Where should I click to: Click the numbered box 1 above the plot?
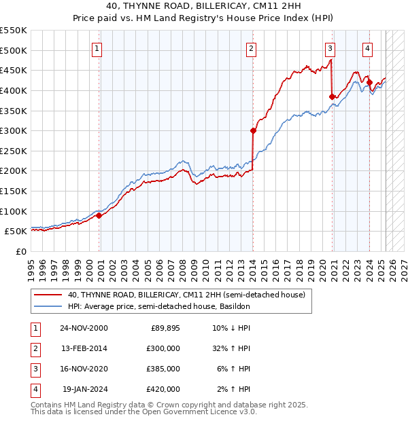[x=98, y=48]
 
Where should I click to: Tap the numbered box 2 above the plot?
[x=251, y=48]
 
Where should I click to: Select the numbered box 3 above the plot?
[x=330, y=48]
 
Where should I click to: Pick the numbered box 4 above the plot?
[x=367, y=48]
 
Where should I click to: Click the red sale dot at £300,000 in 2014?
[x=253, y=130]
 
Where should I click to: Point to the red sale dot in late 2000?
[x=99, y=215]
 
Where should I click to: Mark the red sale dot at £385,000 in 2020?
[x=333, y=96]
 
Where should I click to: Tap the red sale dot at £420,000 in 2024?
[x=369, y=82]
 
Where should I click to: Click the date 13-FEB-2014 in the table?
[x=84, y=348]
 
